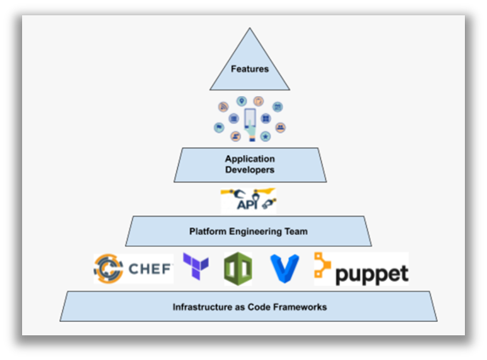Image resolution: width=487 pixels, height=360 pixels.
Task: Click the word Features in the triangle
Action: pos(249,69)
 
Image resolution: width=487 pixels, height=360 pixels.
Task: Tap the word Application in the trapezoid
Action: pos(250,159)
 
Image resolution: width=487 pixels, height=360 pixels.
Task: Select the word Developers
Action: pos(249,169)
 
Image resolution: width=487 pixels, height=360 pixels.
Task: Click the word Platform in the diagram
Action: pos(208,231)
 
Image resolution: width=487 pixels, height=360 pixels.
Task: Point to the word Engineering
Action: pos(255,231)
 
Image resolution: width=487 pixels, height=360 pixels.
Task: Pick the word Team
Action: pos(296,231)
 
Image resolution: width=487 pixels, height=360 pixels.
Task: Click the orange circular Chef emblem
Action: pos(108,268)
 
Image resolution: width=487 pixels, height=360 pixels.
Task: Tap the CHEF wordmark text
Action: pos(150,269)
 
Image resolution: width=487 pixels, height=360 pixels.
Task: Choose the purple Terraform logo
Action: pos(196,266)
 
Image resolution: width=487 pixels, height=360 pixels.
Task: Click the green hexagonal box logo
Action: pos(238,269)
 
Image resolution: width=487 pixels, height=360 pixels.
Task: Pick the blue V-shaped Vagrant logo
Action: pos(285,269)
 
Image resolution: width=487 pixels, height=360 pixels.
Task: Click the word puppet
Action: pos(372,274)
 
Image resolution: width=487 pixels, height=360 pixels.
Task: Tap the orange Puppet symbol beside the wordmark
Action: pos(322,265)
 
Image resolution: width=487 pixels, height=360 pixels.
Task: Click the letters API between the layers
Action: pos(247,204)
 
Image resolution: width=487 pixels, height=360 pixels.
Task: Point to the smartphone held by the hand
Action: pos(250,118)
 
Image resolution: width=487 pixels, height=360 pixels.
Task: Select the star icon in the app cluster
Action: pos(266,136)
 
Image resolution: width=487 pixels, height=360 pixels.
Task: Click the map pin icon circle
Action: pos(242,101)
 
